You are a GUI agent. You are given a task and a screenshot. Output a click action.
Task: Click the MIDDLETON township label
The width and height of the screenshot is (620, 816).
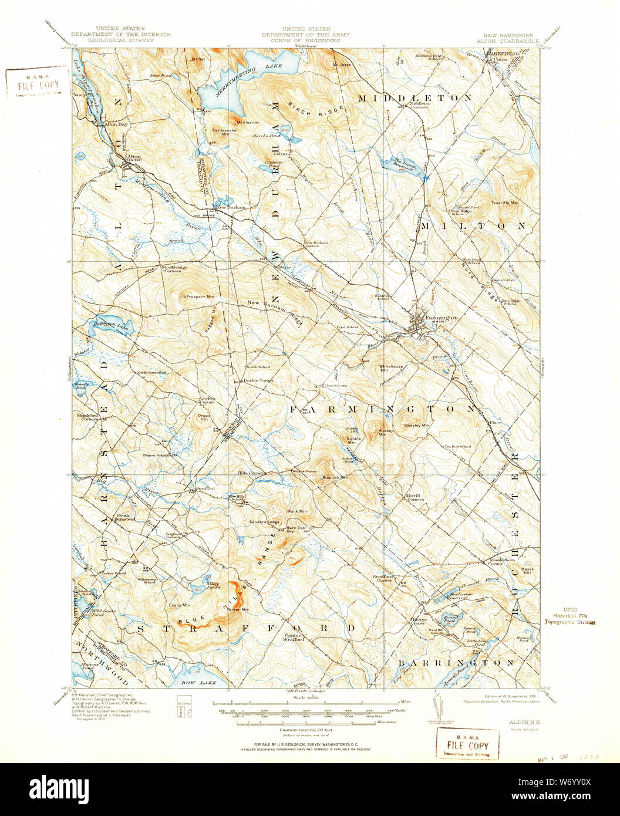(415, 97)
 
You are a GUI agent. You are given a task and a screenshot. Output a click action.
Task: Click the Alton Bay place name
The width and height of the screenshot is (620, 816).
(116, 125)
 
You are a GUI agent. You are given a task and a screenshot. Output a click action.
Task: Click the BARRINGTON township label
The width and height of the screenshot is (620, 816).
(456, 663)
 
